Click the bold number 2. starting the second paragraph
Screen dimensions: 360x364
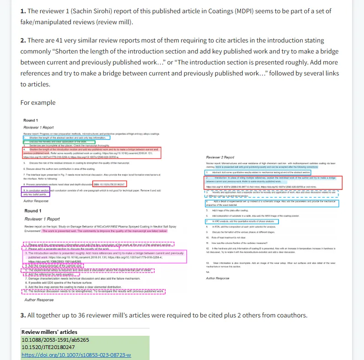point(23,41)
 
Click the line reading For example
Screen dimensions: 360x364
point(38,102)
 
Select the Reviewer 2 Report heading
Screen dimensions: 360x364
point(220,157)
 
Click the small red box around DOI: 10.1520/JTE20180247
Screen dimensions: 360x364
point(109,184)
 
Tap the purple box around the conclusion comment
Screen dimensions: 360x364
point(36,192)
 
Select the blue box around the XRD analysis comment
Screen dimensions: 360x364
point(242,221)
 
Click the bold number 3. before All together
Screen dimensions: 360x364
point(23,315)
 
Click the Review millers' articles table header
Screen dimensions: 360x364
point(49,332)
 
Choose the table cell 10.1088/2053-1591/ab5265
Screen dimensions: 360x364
point(55,340)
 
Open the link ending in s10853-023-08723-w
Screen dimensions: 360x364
point(76,355)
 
